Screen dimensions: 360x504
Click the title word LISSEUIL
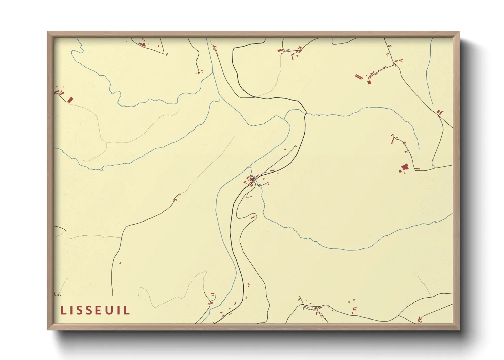pos(95,310)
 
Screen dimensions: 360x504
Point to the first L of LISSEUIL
pos(63,310)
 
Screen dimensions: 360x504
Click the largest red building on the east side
pos(405,167)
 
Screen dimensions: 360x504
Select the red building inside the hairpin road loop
pos(253,217)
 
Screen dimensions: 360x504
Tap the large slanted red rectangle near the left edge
pos(70,100)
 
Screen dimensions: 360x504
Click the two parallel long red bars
pos(358,77)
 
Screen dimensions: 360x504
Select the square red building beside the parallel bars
pos(369,82)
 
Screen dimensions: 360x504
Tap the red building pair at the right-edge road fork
pos(440,112)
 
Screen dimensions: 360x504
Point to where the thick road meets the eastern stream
pos(305,113)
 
